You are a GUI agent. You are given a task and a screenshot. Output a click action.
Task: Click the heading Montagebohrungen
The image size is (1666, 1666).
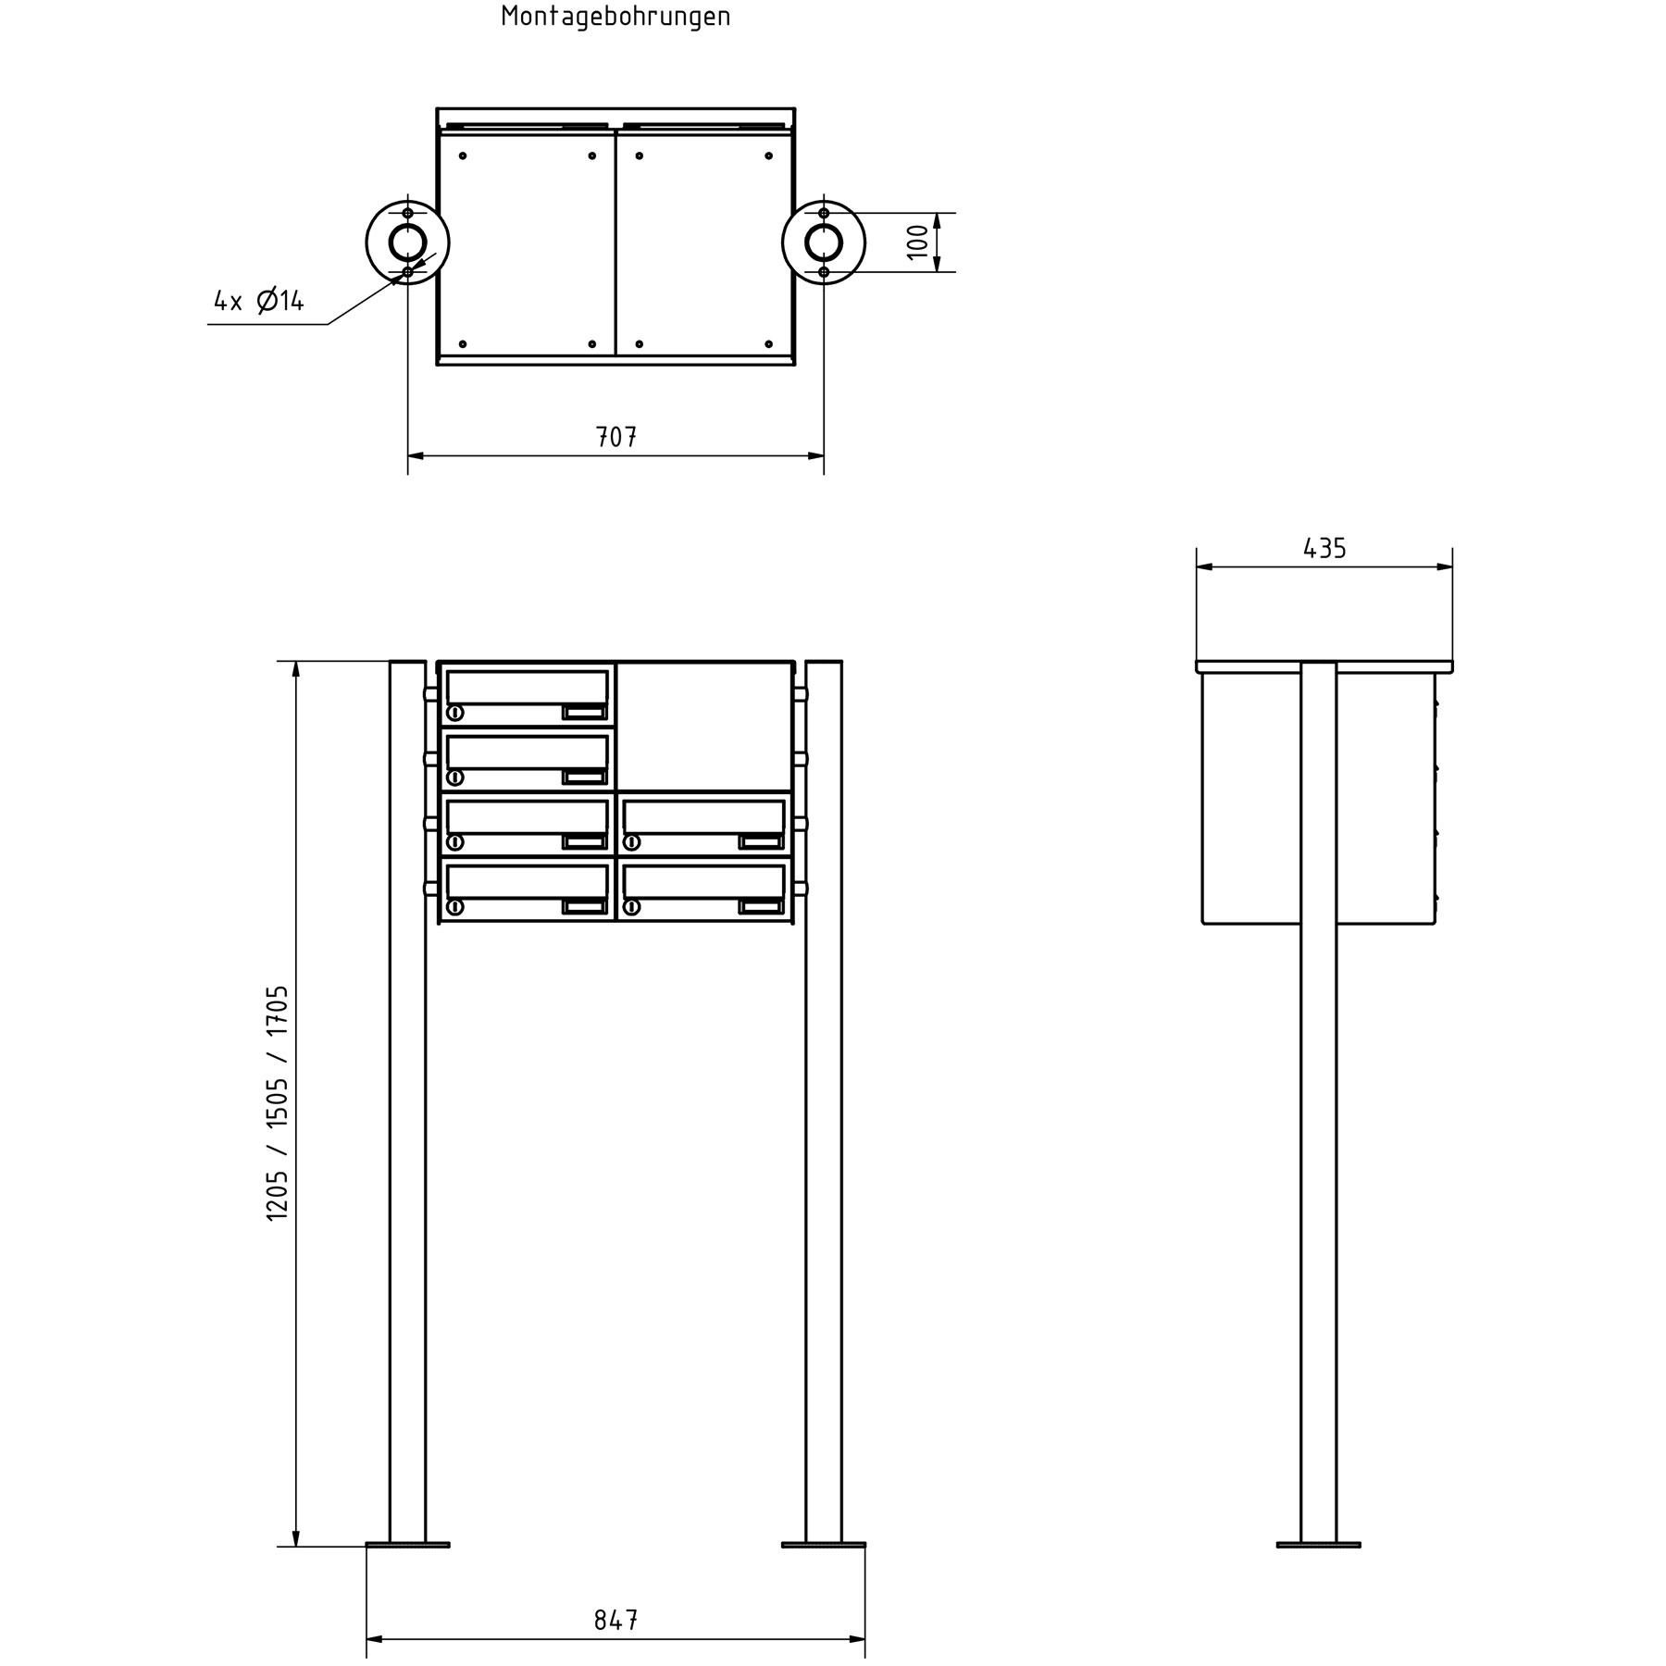[615, 17]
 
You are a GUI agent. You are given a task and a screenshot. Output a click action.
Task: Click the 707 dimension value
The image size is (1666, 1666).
[616, 437]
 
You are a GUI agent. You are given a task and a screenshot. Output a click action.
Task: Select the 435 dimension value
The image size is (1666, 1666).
[1324, 549]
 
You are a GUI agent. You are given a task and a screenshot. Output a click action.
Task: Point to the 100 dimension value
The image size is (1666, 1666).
[917, 242]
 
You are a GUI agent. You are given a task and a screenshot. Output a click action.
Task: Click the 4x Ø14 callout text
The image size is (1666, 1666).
[259, 301]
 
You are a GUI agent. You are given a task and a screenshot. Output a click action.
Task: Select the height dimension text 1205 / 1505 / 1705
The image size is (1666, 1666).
[278, 1102]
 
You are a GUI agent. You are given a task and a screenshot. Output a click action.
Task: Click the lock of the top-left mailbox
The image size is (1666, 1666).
[455, 713]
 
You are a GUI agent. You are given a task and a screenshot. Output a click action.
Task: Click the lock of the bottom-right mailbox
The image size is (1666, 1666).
[632, 907]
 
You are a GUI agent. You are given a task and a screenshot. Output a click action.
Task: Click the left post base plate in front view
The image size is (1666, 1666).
[407, 1544]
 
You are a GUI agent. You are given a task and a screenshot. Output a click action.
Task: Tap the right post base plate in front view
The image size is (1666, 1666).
[824, 1544]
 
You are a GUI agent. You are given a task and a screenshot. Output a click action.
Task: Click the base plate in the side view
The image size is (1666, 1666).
[1318, 1544]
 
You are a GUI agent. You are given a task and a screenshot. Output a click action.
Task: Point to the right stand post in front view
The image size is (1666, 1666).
[824, 1203]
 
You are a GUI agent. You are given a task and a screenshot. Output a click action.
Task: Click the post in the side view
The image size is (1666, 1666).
[1318, 1203]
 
